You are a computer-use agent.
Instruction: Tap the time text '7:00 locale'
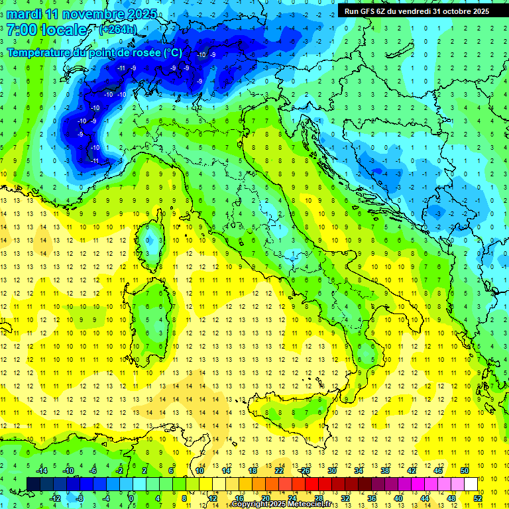[x=46, y=30]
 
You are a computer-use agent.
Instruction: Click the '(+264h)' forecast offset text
[x=118, y=30]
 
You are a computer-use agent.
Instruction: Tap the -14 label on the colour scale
[x=41, y=471]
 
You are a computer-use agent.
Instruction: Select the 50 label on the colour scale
[x=465, y=471]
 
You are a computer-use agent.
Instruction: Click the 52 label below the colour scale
[x=477, y=498]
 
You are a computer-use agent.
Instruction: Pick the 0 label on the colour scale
[x=131, y=498]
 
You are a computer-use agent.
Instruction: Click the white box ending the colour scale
[x=471, y=484]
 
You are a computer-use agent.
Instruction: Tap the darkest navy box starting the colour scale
[x=33, y=484]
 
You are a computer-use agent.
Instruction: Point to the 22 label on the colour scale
[x=279, y=471]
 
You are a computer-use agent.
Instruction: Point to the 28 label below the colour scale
[x=318, y=498]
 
